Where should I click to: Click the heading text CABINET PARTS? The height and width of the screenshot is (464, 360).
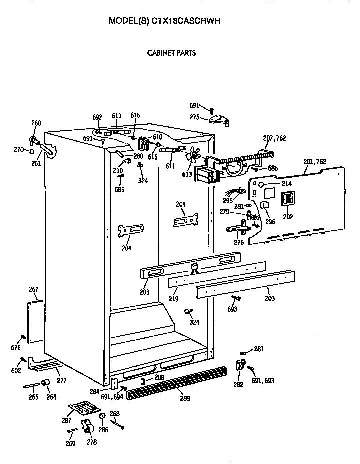171,52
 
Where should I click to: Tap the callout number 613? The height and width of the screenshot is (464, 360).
187,174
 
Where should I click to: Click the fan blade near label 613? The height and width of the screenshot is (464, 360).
191,158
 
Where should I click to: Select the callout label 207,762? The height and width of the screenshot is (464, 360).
274,138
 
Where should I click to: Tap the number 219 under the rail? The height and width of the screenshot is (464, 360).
173,299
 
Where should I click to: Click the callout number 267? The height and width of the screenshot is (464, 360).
33,290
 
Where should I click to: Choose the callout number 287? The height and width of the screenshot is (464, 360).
66,420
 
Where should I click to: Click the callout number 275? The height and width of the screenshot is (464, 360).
194,117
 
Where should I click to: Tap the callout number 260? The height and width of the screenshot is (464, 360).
36,123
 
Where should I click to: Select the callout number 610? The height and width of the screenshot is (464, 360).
157,137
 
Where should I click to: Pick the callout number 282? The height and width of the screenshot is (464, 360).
238,384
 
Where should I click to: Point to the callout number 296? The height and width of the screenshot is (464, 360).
271,223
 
